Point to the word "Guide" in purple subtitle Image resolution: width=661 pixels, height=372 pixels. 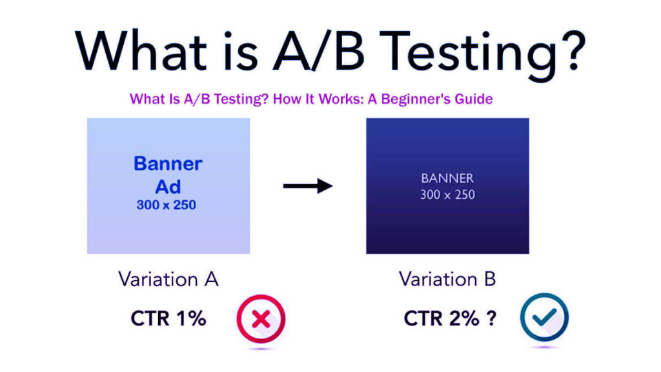point(474,99)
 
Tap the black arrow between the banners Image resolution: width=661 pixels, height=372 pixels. point(307,186)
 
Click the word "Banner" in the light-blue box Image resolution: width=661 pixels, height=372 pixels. point(168,163)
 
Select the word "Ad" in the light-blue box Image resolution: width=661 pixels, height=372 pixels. point(168,187)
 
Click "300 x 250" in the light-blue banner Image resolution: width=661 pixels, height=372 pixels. point(168,205)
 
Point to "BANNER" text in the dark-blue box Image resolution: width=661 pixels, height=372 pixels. point(447,178)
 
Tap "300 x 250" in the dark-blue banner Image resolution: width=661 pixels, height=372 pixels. point(447,194)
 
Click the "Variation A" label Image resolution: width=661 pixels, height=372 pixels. point(168,280)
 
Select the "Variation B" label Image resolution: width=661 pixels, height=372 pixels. point(447,280)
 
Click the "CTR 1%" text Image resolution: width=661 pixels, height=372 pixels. point(168,318)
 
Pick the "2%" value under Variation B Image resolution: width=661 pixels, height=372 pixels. point(464,318)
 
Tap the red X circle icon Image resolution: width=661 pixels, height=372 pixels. point(260,319)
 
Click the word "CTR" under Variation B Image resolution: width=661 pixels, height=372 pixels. point(423,318)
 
